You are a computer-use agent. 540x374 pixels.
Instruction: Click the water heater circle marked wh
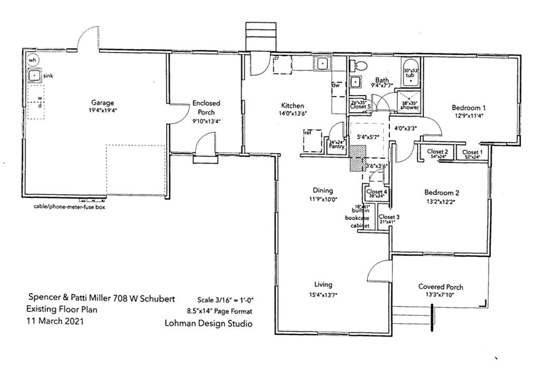(33, 60)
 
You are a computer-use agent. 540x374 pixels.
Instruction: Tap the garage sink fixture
(35, 76)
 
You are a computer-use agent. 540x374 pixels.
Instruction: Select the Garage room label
(102, 102)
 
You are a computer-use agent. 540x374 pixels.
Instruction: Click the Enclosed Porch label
(206, 108)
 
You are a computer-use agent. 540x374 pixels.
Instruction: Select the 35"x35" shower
(410, 105)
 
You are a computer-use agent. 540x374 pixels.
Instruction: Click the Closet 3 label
(389, 217)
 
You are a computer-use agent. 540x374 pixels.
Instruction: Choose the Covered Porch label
(441, 287)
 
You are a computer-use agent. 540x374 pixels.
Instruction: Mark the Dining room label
(323, 191)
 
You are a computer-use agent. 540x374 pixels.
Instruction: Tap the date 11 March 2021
(55, 321)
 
